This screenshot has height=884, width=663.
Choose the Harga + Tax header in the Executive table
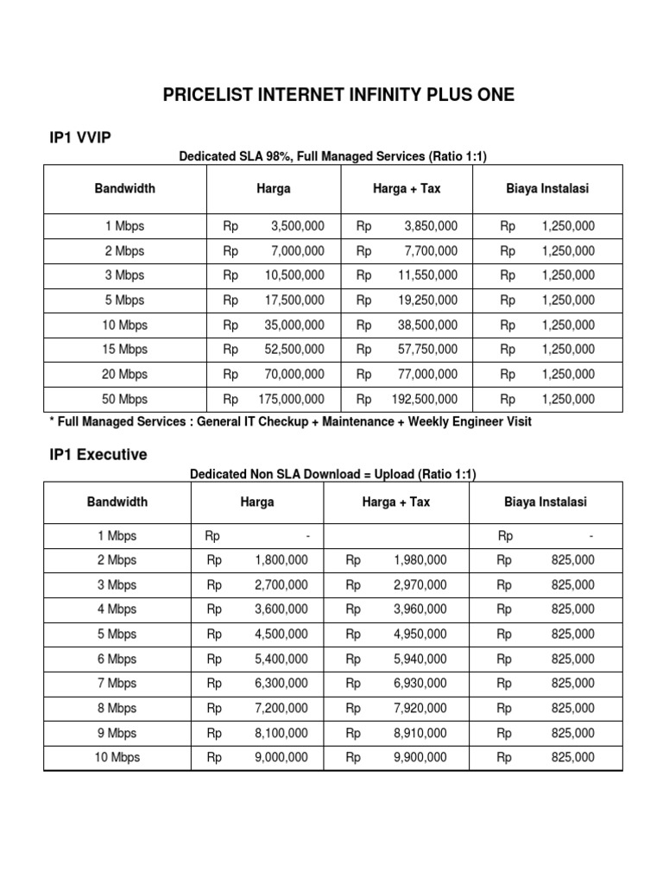(x=395, y=502)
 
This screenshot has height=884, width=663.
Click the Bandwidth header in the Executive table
(x=117, y=502)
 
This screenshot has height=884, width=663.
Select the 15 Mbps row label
(x=125, y=350)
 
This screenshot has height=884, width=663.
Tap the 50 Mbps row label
(x=125, y=400)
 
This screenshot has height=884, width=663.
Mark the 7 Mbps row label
(x=117, y=683)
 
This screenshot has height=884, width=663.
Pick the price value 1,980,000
(x=420, y=560)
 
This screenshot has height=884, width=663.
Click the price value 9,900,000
(x=420, y=757)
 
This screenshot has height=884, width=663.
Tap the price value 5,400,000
(x=281, y=659)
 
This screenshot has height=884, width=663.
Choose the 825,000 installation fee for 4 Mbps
(x=572, y=609)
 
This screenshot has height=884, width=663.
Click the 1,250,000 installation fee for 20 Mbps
(x=568, y=375)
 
